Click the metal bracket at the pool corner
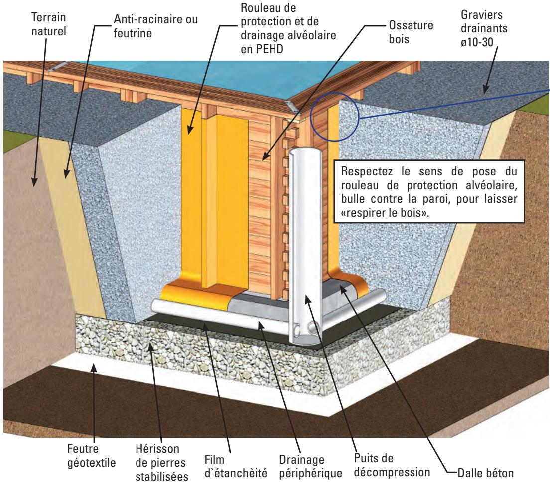pos(291,104)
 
